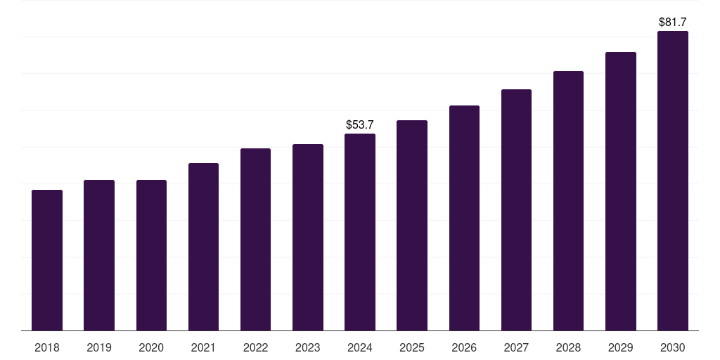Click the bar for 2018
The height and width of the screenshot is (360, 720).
click(x=47, y=260)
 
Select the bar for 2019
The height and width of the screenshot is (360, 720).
click(x=99, y=255)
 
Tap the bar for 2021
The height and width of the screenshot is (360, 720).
click(x=203, y=247)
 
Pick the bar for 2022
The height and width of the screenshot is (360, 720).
click(x=255, y=239)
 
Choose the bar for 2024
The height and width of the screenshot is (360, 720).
click(x=360, y=232)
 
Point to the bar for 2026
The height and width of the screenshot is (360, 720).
click(x=464, y=218)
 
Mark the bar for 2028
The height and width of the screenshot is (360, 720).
click(x=568, y=200)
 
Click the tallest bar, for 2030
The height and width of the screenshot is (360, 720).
click(x=672, y=181)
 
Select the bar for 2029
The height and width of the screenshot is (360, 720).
click(x=620, y=191)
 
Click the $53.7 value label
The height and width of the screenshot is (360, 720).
click(x=360, y=124)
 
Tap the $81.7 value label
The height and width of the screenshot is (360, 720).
click(x=672, y=22)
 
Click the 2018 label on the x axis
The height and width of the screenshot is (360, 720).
click(x=47, y=347)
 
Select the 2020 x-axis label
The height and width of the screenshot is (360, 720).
click(x=151, y=347)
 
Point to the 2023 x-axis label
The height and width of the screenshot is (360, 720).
click(x=308, y=347)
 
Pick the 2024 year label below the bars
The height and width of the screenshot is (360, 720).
click(x=360, y=347)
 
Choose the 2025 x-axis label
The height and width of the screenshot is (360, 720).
click(x=412, y=347)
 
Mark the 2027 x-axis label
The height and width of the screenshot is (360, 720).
click(x=516, y=347)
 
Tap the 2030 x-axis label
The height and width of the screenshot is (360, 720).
click(x=672, y=347)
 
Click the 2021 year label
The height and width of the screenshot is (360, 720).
click(x=203, y=347)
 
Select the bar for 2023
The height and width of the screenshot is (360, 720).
click(x=308, y=237)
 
